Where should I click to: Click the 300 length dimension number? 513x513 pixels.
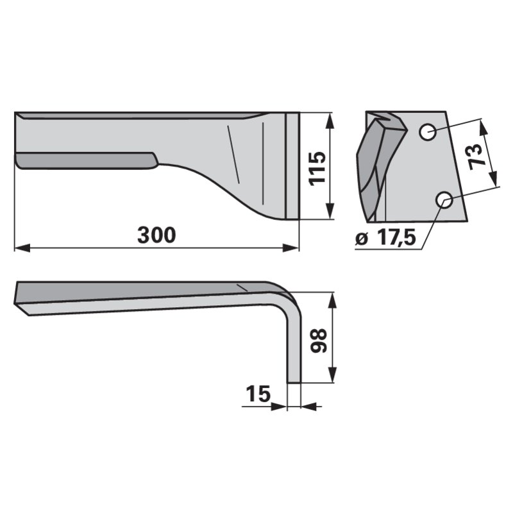(156, 235)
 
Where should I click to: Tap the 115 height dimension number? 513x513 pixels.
(317, 169)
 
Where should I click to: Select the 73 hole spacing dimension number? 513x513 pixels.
(476, 157)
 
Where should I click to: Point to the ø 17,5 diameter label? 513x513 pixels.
(386, 237)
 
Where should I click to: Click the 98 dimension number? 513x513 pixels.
(318, 341)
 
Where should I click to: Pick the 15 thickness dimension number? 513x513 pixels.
(258, 394)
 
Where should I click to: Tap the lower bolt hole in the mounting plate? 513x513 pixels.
(444, 200)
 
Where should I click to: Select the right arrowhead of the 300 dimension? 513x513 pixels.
(291, 248)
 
